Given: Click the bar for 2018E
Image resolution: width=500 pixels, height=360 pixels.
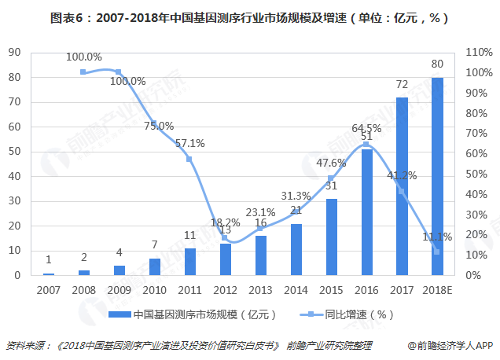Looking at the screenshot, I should (437, 177).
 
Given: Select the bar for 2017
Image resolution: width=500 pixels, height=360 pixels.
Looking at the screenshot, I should (402, 187).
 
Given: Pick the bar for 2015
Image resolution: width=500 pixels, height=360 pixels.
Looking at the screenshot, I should (331, 237).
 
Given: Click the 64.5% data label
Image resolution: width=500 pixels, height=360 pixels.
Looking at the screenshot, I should (366, 127).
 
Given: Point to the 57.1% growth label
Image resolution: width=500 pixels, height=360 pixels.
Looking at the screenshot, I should (189, 143).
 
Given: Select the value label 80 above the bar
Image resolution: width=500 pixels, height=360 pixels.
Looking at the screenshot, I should (437, 64).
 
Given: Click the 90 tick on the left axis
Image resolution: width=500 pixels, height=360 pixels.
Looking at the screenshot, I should (14, 53).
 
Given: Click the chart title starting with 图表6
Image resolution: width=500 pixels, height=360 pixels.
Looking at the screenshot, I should (249, 17).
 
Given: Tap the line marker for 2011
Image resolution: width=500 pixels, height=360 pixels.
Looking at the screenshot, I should (189, 160).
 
